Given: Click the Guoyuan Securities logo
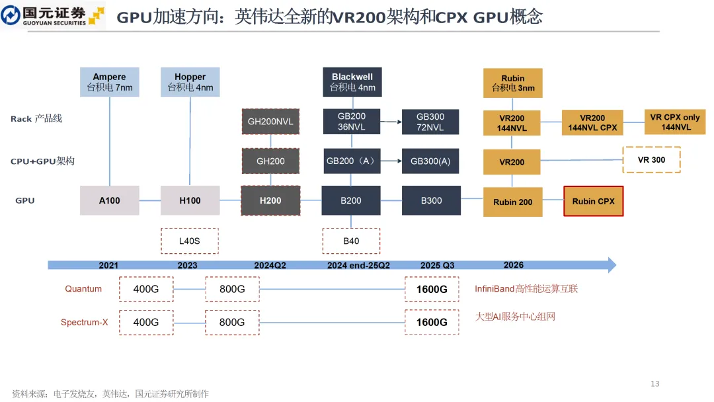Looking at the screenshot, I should pyautogui.click(x=53, y=15).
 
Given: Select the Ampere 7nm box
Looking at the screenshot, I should pyautogui.click(x=110, y=82).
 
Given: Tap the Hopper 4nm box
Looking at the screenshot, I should pyautogui.click(x=190, y=82).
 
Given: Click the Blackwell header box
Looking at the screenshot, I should pyautogui.click(x=352, y=82).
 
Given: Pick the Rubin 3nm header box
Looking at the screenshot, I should pyautogui.click(x=513, y=83).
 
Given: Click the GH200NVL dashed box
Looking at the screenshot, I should pyautogui.click(x=270, y=122).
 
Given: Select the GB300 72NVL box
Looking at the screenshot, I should pyautogui.click(x=430, y=122).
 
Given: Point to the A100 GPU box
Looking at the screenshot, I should pyautogui.click(x=110, y=200).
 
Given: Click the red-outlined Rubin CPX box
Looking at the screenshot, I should pyautogui.click(x=593, y=201).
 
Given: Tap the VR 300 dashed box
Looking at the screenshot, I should pyautogui.click(x=652, y=160).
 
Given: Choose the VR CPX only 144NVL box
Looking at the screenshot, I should pyautogui.click(x=674, y=122).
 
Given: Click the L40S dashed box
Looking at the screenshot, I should pyautogui.click(x=189, y=241).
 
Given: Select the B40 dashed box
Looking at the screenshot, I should pyautogui.click(x=351, y=241).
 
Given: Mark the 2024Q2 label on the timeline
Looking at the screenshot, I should pyautogui.click(x=270, y=265).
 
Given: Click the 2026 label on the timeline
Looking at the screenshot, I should pyautogui.click(x=513, y=265).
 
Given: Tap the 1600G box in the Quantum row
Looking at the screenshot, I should pyautogui.click(x=431, y=290).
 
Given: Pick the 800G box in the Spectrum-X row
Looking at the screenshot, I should pyautogui.click(x=232, y=322).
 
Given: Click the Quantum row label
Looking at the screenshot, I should pyautogui.click(x=83, y=289).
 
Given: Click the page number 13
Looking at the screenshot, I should pyautogui.click(x=654, y=384).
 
